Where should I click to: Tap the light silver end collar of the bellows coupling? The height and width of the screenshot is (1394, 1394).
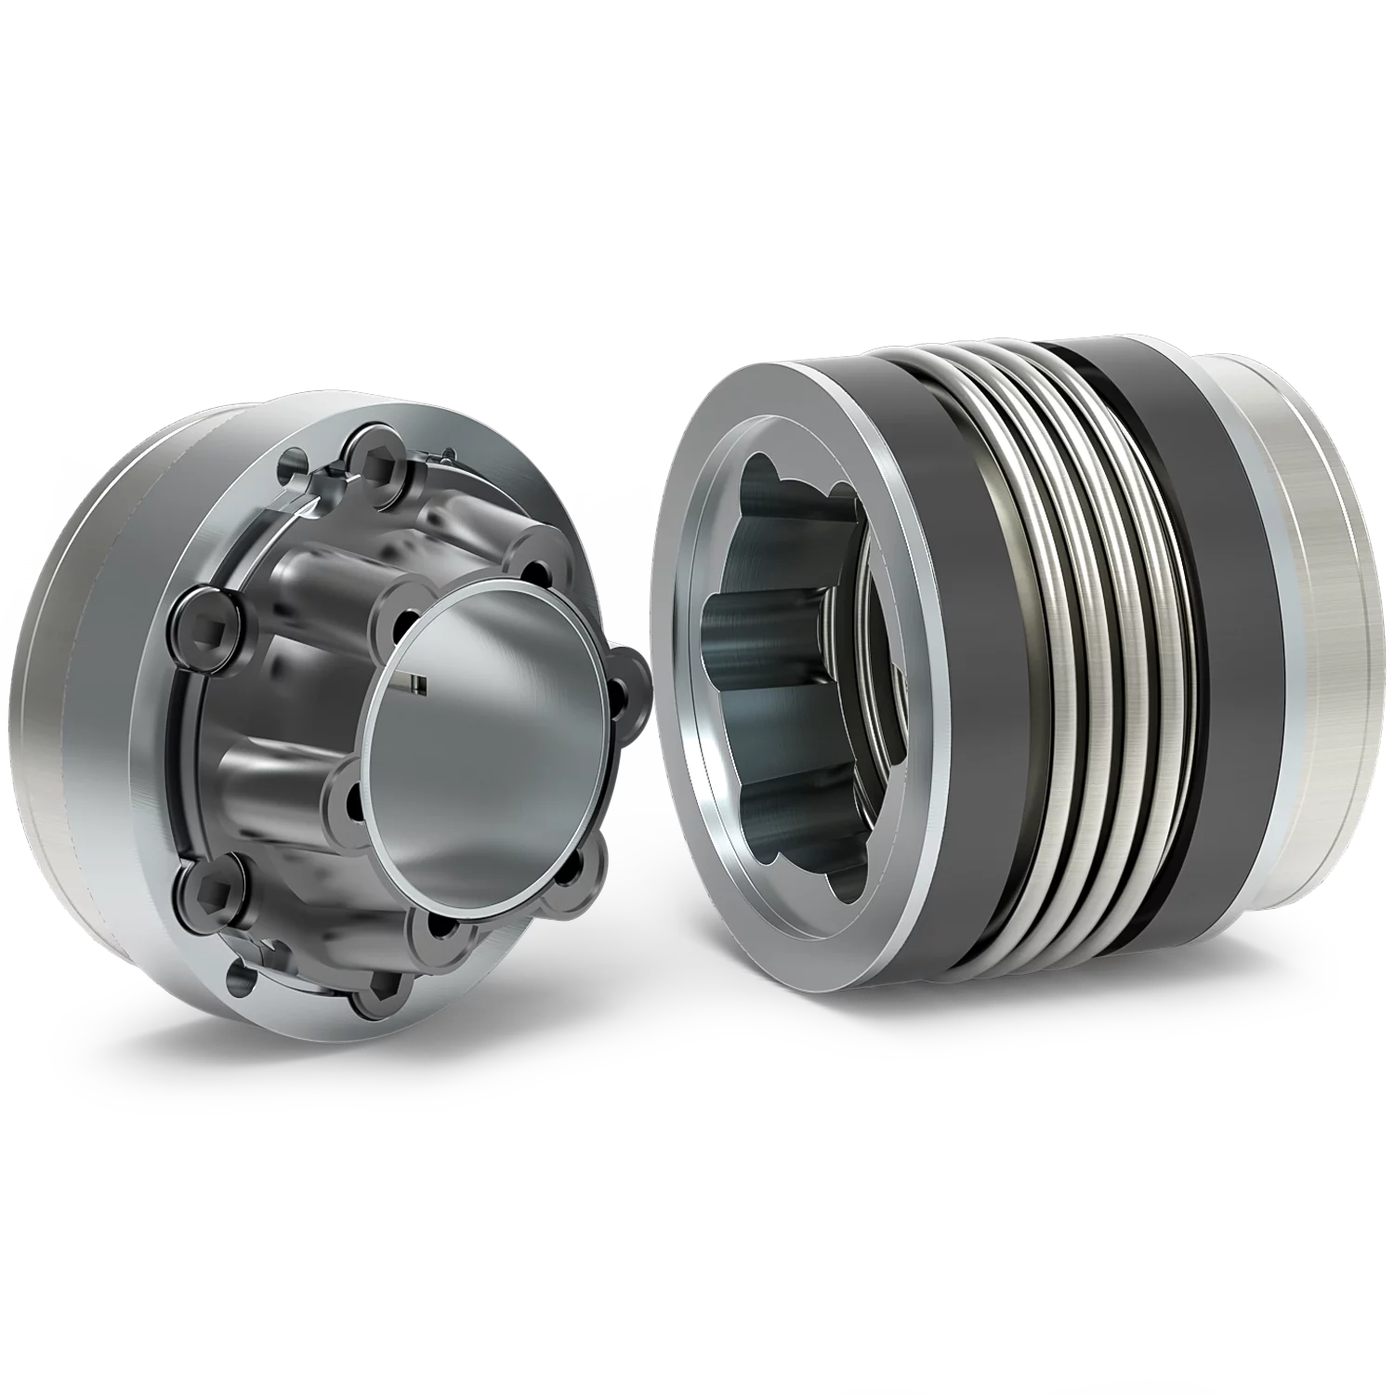1301,632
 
